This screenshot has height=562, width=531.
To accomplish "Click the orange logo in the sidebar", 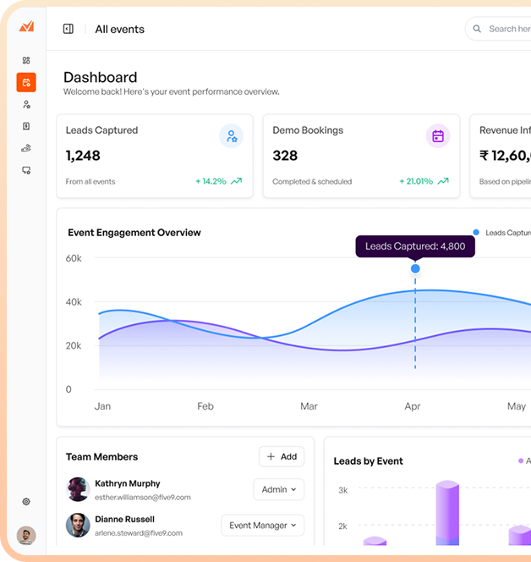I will tap(26, 26).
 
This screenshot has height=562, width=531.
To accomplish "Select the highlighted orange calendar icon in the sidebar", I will tap(26, 82).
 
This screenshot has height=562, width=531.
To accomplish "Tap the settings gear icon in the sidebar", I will tap(26, 502).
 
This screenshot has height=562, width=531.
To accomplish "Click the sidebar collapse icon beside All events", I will tap(68, 29).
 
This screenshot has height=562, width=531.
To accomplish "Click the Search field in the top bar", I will tap(503, 29).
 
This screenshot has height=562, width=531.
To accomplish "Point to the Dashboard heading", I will tap(100, 77).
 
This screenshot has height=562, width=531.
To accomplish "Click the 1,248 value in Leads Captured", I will tap(83, 155).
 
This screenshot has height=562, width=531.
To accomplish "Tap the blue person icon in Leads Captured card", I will tap(231, 136).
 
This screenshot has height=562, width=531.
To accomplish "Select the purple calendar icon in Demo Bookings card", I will tap(437, 136).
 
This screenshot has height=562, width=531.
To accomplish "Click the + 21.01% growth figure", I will tap(416, 181).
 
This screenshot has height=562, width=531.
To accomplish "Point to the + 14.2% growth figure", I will tap(211, 181).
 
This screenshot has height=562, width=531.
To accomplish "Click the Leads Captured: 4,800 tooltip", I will tap(414, 246).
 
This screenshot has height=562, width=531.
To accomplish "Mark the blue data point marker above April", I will tap(415, 269).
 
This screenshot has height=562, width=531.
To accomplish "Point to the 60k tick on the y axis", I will tap(74, 258).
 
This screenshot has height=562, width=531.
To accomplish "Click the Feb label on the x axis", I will tap(205, 406).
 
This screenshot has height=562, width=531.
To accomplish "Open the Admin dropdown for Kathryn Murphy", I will tap(278, 489).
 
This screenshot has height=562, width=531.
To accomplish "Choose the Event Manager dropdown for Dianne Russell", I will tap(262, 526).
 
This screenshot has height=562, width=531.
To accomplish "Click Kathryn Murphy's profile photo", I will tap(78, 489).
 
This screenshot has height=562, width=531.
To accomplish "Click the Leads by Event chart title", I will tap(368, 461).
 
